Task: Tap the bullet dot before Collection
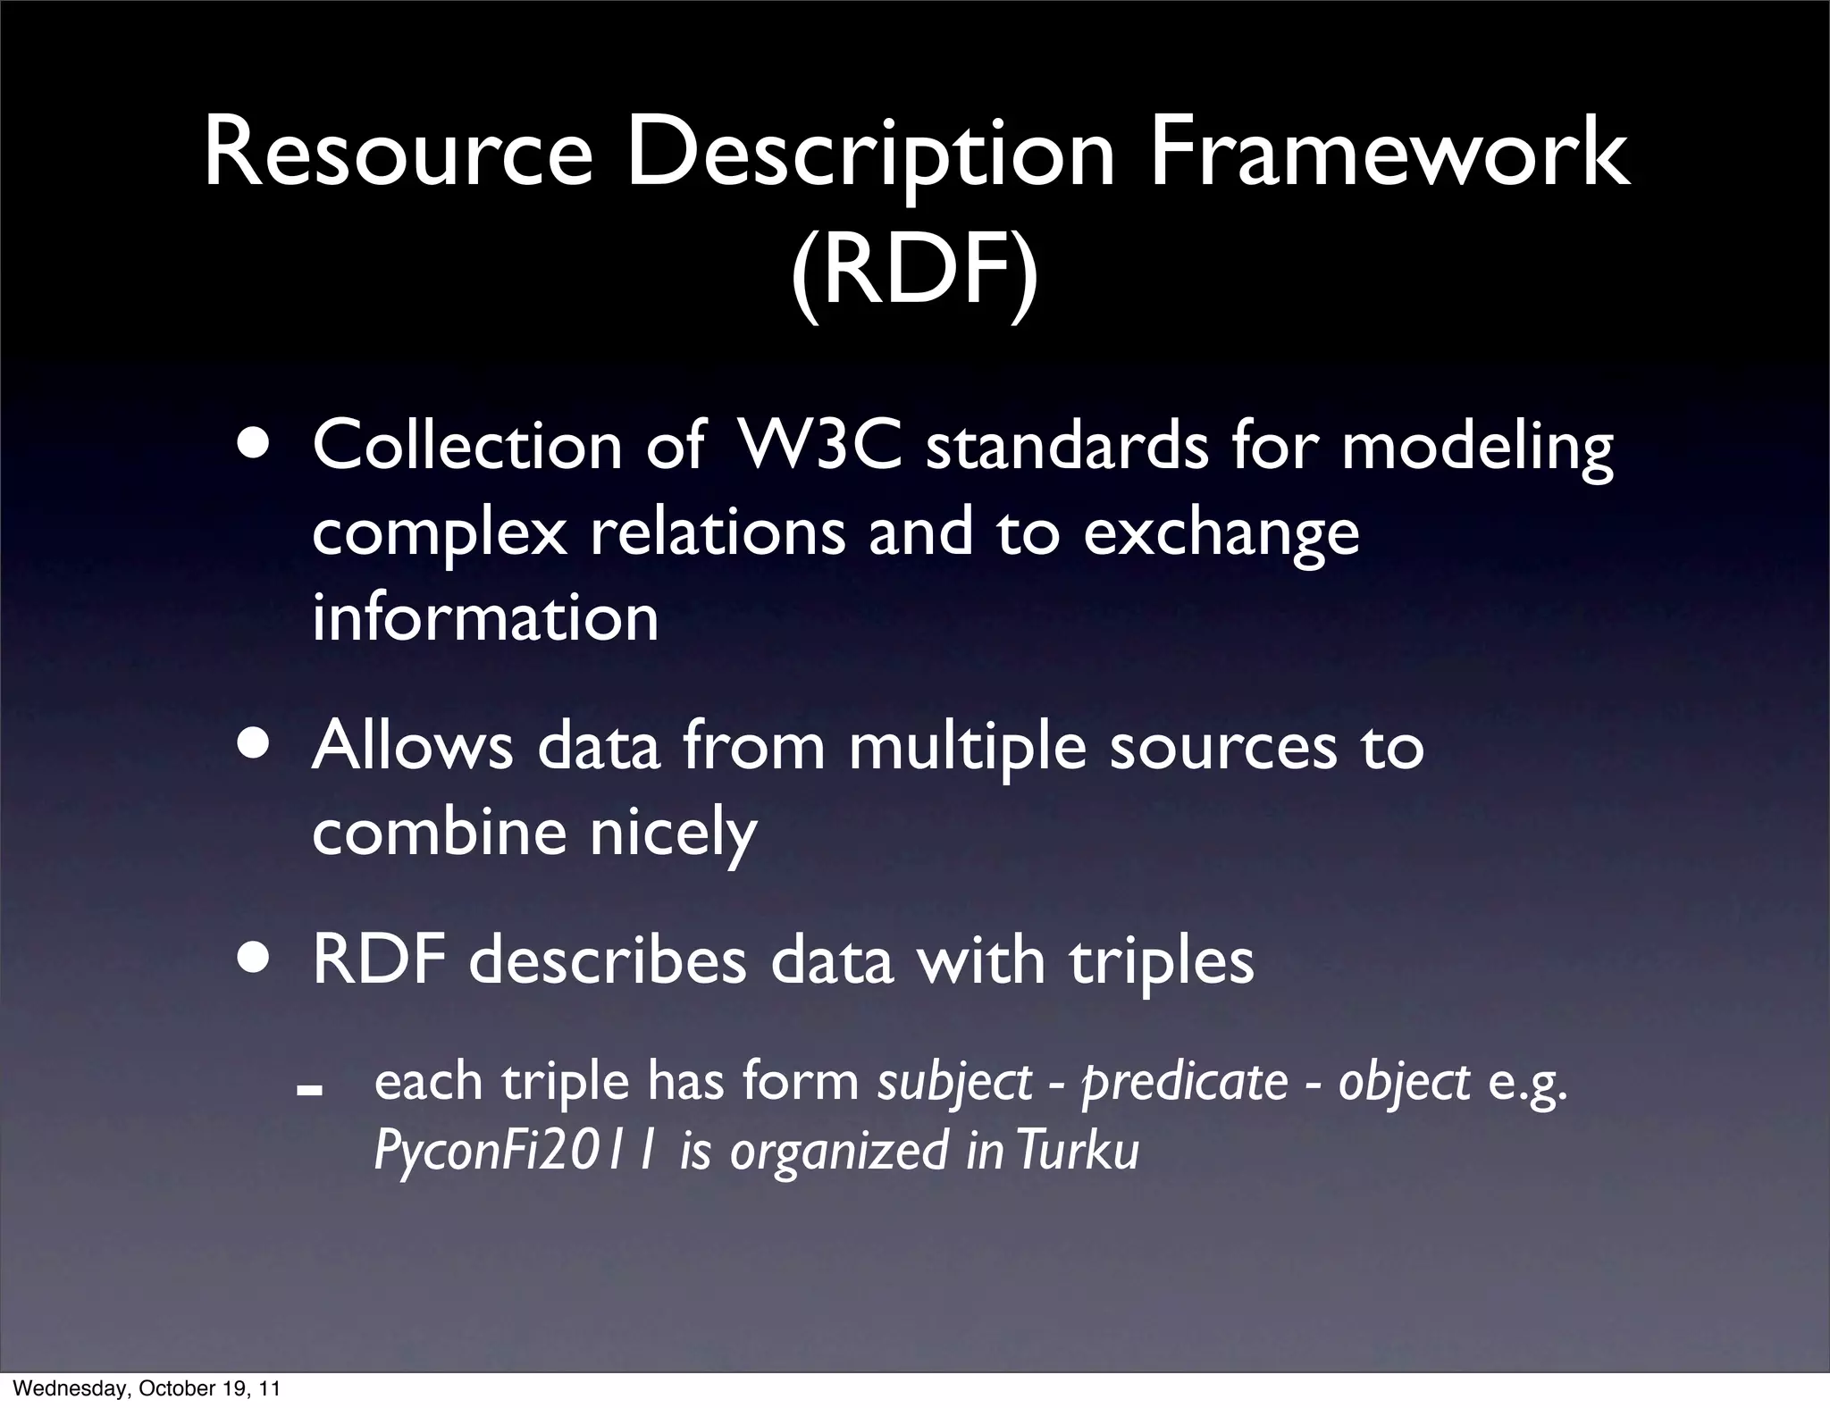(x=257, y=444)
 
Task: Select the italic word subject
(x=954, y=1084)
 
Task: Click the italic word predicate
(x=1184, y=1084)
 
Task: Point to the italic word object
(x=1403, y=1084)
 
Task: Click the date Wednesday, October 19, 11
(x=147, y=1388)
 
